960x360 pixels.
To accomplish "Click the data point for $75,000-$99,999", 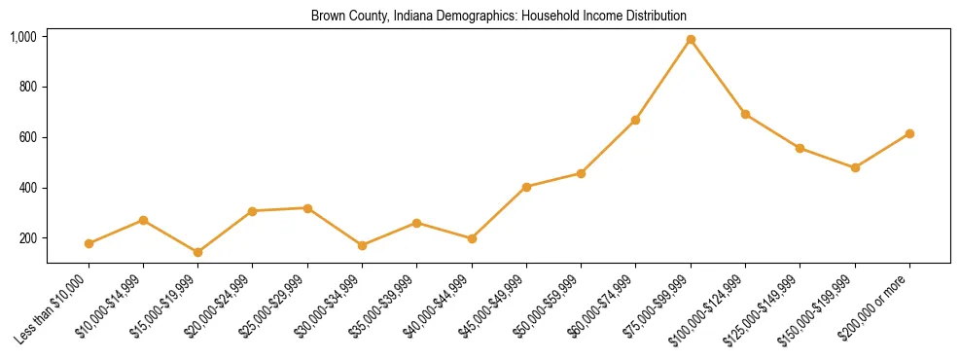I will pos(691,40).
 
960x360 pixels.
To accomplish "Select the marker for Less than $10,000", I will pos(89,243).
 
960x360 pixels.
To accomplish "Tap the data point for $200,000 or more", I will pos(909,133).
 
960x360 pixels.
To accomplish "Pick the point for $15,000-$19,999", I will pos(198,252).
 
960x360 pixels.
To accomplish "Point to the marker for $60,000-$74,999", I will pos(636,120).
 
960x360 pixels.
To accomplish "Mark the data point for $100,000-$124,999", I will pos(745,114).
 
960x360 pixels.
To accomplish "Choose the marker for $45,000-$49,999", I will pos(526,187).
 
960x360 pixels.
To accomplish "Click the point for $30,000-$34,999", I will pos(362,245).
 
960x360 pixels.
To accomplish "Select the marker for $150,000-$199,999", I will pos(855,167).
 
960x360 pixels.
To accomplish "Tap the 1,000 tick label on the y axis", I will pos(23,37).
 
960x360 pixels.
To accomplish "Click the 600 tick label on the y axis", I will pos(27,137).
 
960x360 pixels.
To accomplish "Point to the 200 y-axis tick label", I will pos(27,238).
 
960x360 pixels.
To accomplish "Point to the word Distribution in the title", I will pos(656,17).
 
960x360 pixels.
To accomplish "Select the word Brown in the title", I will pos(327,17).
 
